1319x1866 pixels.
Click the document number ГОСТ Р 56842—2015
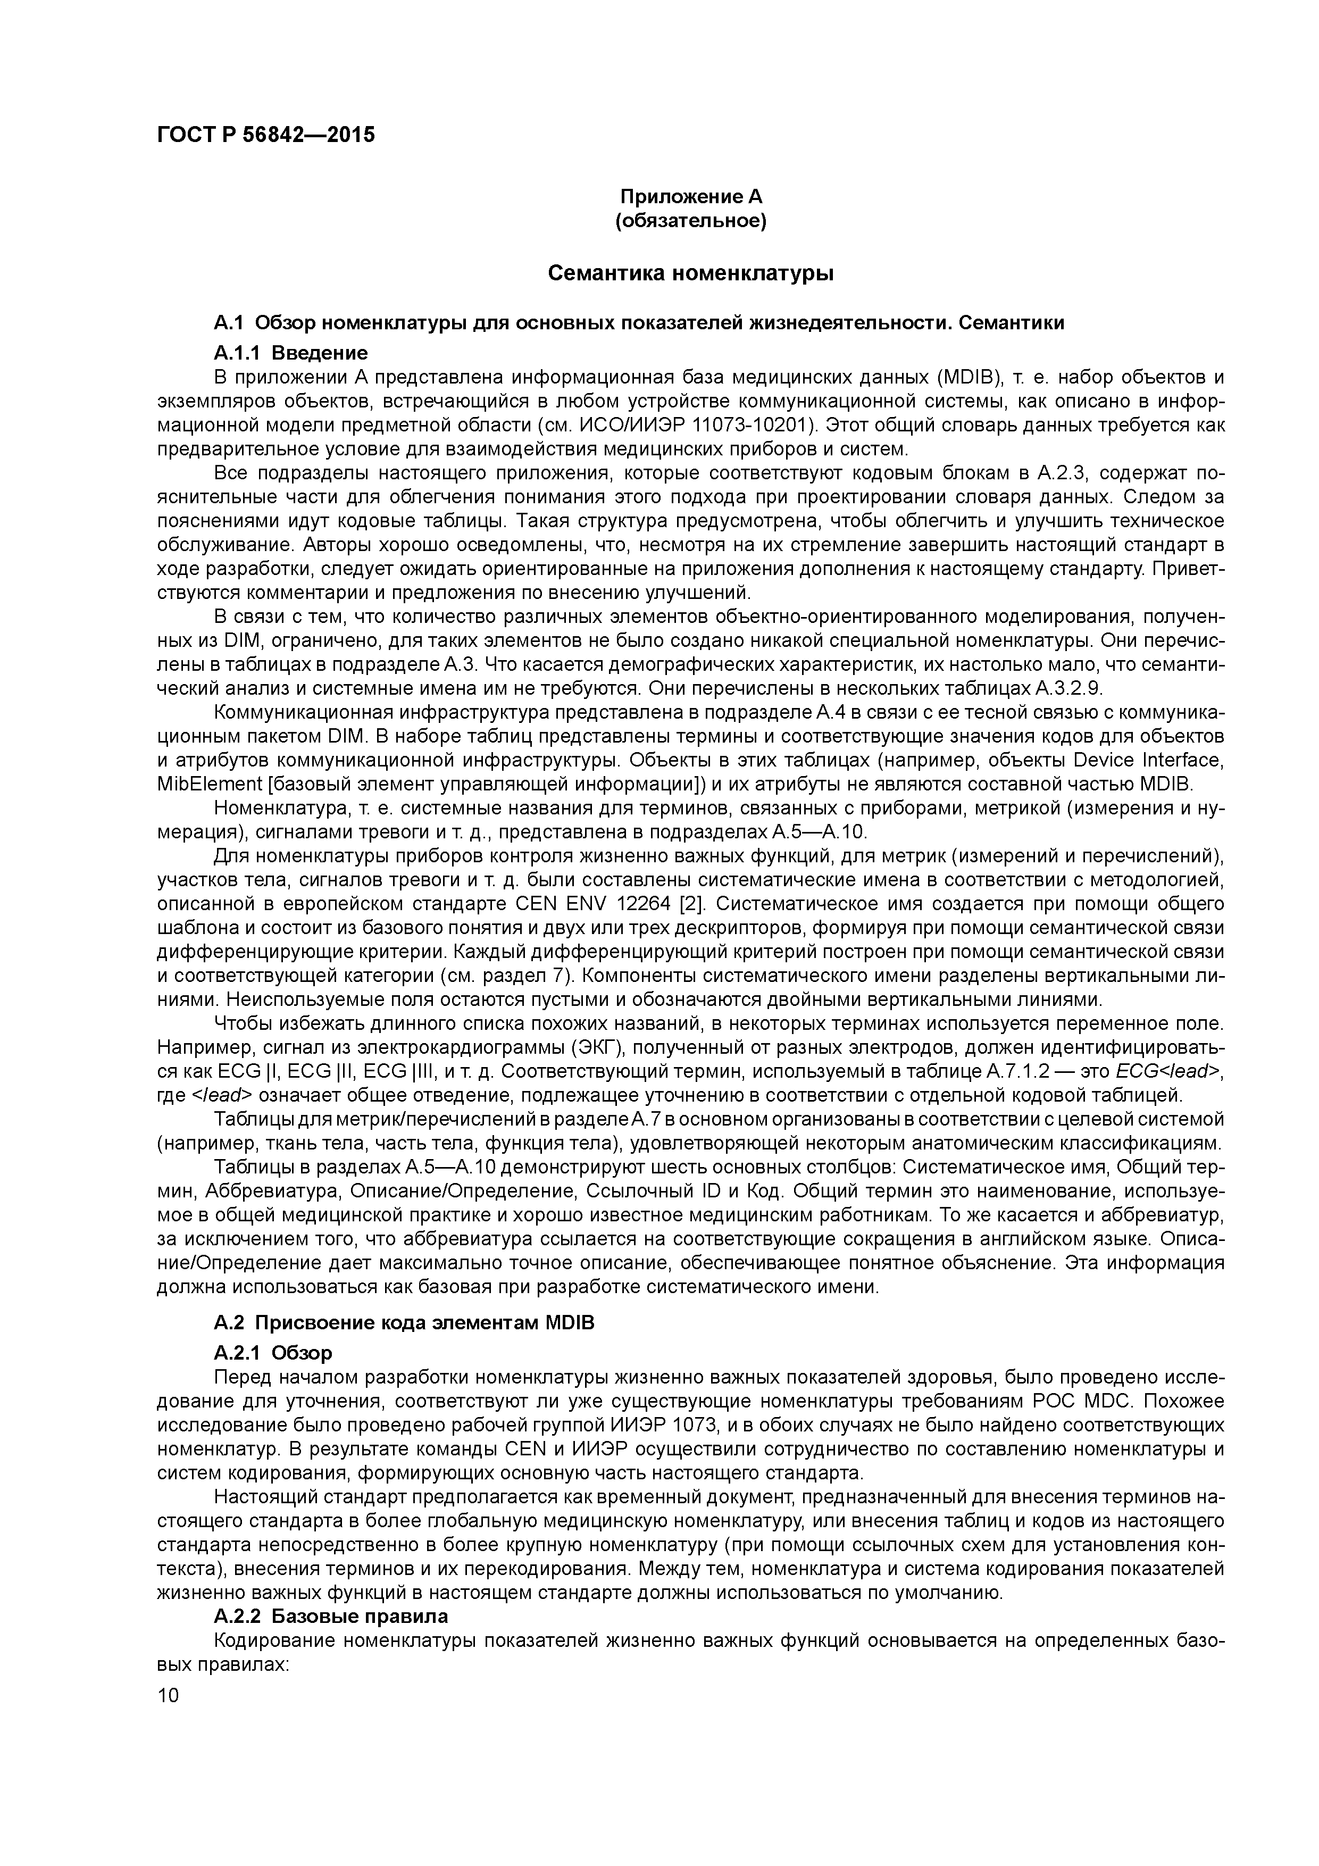click(x=266, y=135)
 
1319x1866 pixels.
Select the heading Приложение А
click(x=691, y=197)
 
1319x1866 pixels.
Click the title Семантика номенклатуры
click(x=691, y=273)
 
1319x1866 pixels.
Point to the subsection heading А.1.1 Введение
click(x=290, y=353)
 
